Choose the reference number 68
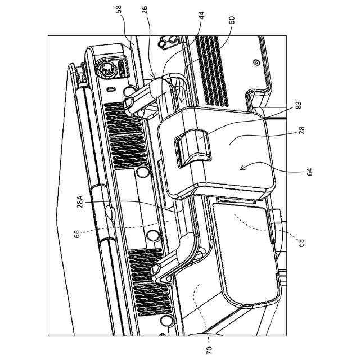301,243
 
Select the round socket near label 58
104,70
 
